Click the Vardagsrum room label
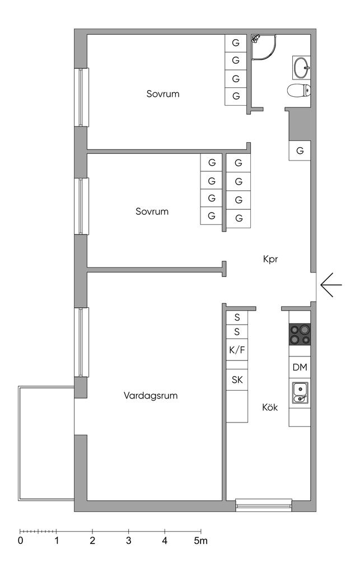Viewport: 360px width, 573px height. click(x=151, y=396)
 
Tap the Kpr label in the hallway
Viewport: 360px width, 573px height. click(x=270, y=259)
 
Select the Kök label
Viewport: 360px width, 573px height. click(x=270, y=407)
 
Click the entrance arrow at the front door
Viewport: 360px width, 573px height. click(x=330, y=285)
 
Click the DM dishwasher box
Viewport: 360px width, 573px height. click(x=300, y=368)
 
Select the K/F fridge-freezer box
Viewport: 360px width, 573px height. click(x=237, y=351)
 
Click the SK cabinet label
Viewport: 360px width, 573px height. click(x=237, y=379)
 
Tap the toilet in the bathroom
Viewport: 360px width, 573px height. click(x=298, y=91)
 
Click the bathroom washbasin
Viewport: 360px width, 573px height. click(x=301, y=68)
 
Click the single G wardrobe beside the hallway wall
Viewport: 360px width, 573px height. click(x=300, y=151)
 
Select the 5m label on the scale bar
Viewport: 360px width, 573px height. click(x=200, y=541)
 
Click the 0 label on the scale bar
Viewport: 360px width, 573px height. click(x=20, y=541)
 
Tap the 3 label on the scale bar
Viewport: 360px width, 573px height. click(x=128, y=541)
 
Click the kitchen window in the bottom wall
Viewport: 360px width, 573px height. click(x=264, y=505)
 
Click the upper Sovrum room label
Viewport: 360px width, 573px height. click(x=163, y=93)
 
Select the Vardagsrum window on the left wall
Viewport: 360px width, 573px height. click(x=82, y=341)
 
